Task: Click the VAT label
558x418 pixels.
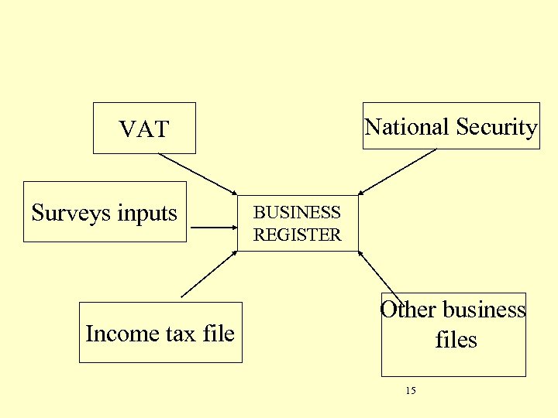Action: pyautogui.click(x=144, y=129)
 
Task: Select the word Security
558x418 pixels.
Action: pyautogui.click(x=497, y=127)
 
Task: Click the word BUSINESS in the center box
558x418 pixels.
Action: pyautogui.click(x=298, y=212)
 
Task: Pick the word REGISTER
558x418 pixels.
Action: pyautogui.click(x=298, y=235)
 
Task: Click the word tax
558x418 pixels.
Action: pyautogui.click(x=168, y=334)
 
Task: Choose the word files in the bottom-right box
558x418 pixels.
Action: pyautogui.click(x=456, y=340)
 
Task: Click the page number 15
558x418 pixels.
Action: pyautogui.click(x=411, y=391)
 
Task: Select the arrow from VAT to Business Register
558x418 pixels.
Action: pyautogui.click(x=198, y=173)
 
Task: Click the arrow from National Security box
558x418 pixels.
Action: pyautogui.click(x=398, y=171)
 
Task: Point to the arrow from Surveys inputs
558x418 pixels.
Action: pyautogui.click(x=214, y=228)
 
